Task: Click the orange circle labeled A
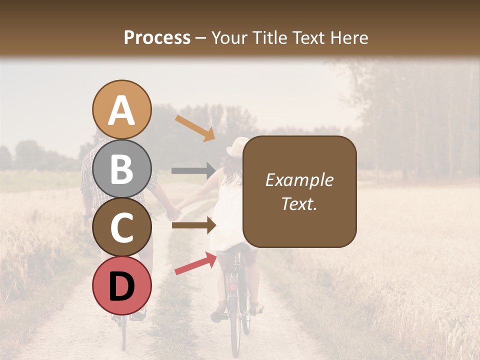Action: point(121,109)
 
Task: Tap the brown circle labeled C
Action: point(121,227)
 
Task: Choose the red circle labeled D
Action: point(121,285)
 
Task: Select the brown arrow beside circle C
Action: point(194,225)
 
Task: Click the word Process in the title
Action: point(157,38)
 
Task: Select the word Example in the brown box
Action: point(299,180)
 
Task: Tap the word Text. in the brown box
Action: point(299,203)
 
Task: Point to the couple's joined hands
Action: point(173,212)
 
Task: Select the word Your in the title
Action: point(229,38)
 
